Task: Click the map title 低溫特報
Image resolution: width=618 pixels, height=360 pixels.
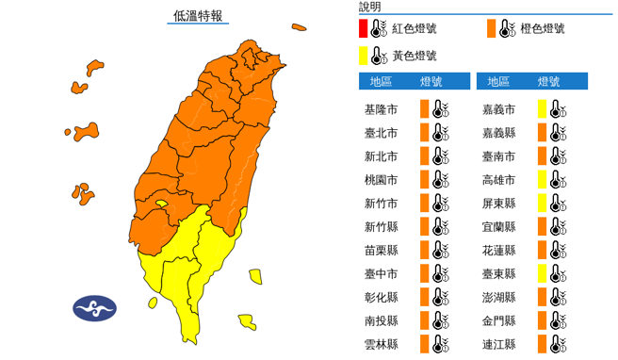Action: (197, 16)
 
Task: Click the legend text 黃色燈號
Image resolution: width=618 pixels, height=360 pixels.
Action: (414, 56)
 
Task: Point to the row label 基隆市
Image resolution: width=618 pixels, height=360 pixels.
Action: (381, 109)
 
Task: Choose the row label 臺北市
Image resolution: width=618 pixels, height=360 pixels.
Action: (381, 133)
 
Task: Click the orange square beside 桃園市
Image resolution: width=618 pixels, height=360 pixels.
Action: (425, 179)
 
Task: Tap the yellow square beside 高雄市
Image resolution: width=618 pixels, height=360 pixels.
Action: (543, 179)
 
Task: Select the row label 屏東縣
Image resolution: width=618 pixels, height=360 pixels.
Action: (497, 203)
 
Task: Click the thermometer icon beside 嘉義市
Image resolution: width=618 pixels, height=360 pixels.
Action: (559, 109)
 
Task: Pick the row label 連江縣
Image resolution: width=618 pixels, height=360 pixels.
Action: (497, 344)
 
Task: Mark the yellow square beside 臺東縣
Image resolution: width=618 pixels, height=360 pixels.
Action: (543, 273)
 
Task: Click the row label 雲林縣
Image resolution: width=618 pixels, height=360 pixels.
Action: (381, 344)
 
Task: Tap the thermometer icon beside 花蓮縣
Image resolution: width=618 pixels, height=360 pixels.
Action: (559, 250)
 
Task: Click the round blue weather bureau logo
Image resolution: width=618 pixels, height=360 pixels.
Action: (95, 308)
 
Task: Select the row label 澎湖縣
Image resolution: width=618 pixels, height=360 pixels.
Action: (497, 297)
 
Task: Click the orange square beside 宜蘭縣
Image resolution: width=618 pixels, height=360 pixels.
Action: (543, 226)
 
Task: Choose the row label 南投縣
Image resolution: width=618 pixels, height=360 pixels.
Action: (381, 320)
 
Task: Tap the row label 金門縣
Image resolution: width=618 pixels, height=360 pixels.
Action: (497, 320)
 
